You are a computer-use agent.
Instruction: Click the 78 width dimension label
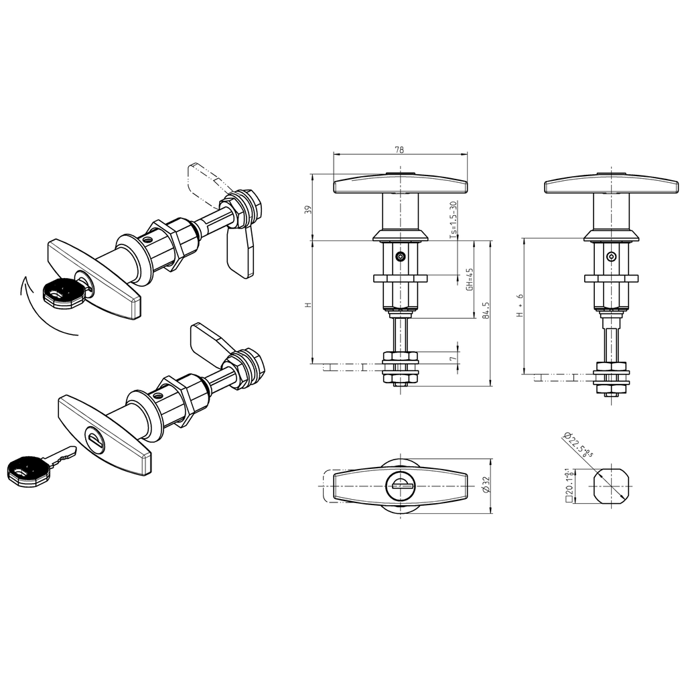(x=399, y=150)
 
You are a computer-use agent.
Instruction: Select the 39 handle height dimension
(x=307, y=209)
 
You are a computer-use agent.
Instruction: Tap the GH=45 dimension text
(x=470, y=279)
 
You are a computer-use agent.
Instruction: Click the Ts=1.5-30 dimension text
(x=452, y=220)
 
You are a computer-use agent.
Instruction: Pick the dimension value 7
(x=453, y=359)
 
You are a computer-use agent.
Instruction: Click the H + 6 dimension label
(x=519, y=305)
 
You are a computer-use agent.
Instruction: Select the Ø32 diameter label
(x=486, y=486)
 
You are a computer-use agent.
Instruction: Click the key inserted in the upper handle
(x=64, y=293)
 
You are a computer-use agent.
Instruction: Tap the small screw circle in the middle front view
(x=400, y=257)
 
